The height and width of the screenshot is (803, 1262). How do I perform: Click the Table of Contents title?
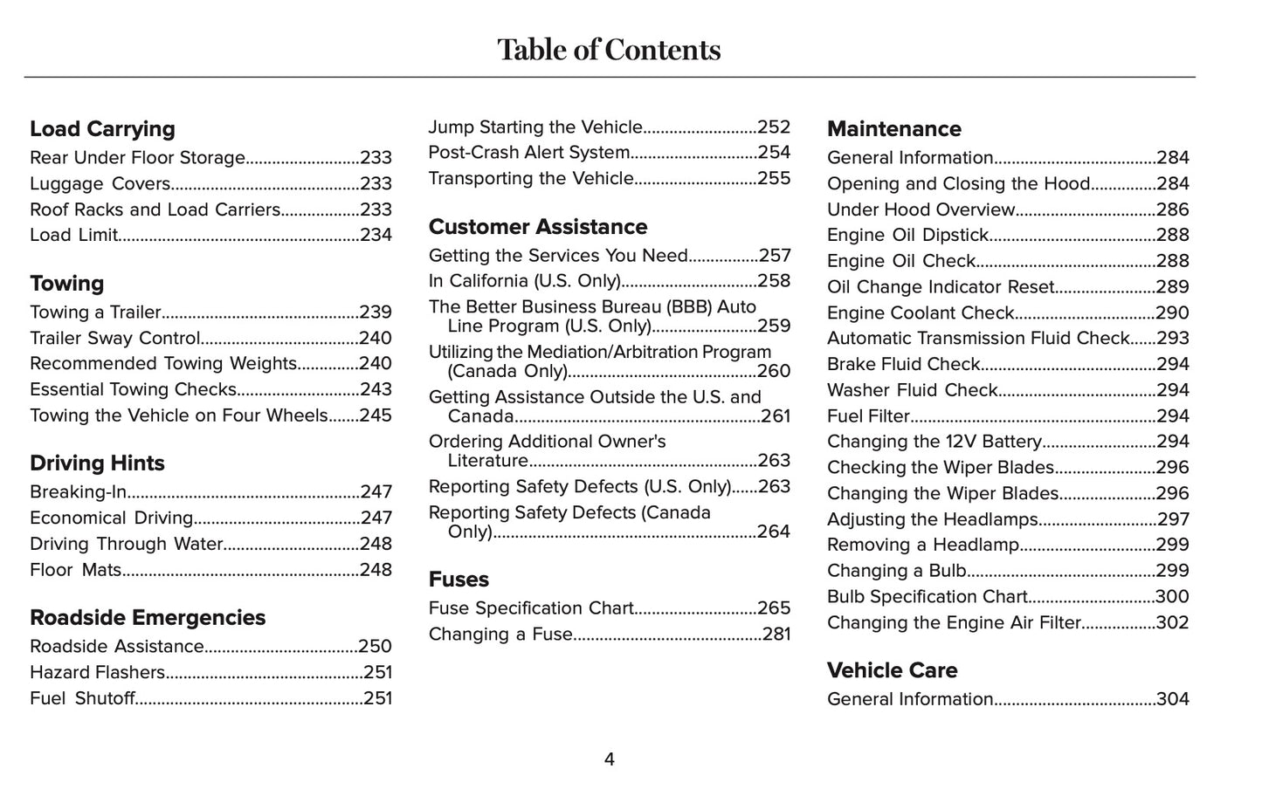[x=609, y=50]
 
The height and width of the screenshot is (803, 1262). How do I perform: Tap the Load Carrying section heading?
[x=102, y=129]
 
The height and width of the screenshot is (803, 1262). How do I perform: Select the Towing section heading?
[x=66, y=284]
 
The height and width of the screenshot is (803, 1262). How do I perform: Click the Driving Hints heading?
[x=97, y=463]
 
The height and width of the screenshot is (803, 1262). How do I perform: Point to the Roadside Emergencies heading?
[x=148, y=618]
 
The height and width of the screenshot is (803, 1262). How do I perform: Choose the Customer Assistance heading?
[x=537, y=227]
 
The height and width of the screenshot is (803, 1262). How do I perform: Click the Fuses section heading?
[x=459, y=580]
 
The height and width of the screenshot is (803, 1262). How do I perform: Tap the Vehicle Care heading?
[x=892, y=670]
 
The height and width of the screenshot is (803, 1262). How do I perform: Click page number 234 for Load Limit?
[x=376, y=236]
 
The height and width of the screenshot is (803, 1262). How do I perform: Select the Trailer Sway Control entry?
[x=115, y=339]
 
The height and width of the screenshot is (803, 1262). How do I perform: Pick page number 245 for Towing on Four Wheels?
[x=376, y=415]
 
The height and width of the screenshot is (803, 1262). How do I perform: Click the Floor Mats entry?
[x=76, y=570]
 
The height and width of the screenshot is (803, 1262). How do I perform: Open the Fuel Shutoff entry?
[x=83, y=698]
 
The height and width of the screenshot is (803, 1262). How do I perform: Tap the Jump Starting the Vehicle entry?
[x=535, y=127]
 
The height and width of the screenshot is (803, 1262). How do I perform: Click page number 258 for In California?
[x=774, y=281]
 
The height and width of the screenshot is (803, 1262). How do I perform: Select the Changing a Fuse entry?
[x=500, y=635]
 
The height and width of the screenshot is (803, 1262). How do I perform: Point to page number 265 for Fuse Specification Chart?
[x=774, y=608]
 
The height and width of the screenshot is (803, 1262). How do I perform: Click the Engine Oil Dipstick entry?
[x=907, y=236]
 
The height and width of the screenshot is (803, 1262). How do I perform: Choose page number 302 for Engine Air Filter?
[x=1172, y=623]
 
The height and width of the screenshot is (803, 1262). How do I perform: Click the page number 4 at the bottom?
[x=609, y=760]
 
